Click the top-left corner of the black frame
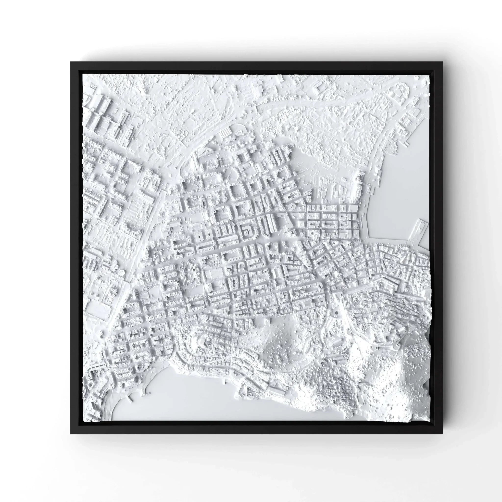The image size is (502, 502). [71, 62]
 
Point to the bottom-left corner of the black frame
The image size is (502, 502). [71, 434]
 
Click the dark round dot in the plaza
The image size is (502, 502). [337, 314]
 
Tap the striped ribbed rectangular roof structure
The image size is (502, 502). [224, 134]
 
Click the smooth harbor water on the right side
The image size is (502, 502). [400, 198]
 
